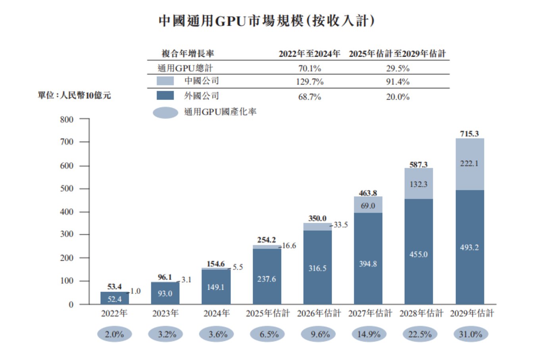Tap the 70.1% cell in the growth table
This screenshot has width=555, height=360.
click(309, 68)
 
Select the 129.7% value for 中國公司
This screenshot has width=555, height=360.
click(309, 82)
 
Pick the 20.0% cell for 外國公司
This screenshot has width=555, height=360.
click(398, 97)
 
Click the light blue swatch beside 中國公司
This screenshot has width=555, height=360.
click(165, 81)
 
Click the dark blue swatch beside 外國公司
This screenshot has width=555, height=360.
click(165, 96)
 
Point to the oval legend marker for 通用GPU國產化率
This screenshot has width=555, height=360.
click(165, 113)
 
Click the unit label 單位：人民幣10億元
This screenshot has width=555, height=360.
click(74, 95)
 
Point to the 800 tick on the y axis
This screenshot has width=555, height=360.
click(67, 119)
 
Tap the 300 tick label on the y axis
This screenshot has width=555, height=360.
click(67, 234)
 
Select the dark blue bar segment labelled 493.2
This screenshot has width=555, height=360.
click(469, 247)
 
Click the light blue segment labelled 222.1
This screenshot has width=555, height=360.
click(469, 164)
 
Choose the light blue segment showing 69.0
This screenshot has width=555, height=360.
click(368, 205)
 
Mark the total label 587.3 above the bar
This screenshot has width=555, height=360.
click(419, 165)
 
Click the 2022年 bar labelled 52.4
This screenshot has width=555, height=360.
click(114, 299)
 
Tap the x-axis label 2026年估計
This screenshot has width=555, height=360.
click(319, 313)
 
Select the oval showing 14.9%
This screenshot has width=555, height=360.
click(369, 334)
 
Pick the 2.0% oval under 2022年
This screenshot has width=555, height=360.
click(114, 334)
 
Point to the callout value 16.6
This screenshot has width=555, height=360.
click(289, 246)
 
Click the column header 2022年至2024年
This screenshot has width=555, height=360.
click(309, 54)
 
